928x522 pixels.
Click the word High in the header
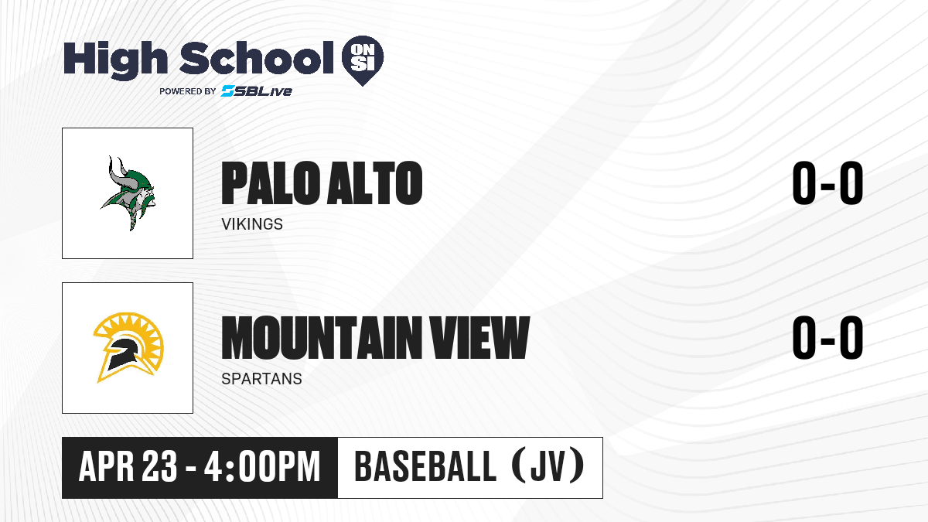click(115, 60)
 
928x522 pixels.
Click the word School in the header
click(257, 57)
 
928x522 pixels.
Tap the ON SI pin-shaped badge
click(363, 60)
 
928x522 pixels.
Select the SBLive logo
click(256, 91)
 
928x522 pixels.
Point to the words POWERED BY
click(188, 91)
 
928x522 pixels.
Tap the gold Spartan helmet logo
click(128, 347)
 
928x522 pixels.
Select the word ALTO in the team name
click(374, 183)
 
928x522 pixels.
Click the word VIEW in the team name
click(479, 338)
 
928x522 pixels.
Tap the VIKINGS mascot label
click(252, 224)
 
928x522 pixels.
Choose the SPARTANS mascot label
click(262, 379)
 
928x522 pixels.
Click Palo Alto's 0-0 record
click(827, 183)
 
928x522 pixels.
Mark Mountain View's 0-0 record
click(827, 338)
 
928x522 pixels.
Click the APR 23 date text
click(128, 467)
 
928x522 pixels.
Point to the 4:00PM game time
click(262, 467)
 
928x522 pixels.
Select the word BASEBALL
click(425, 467)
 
